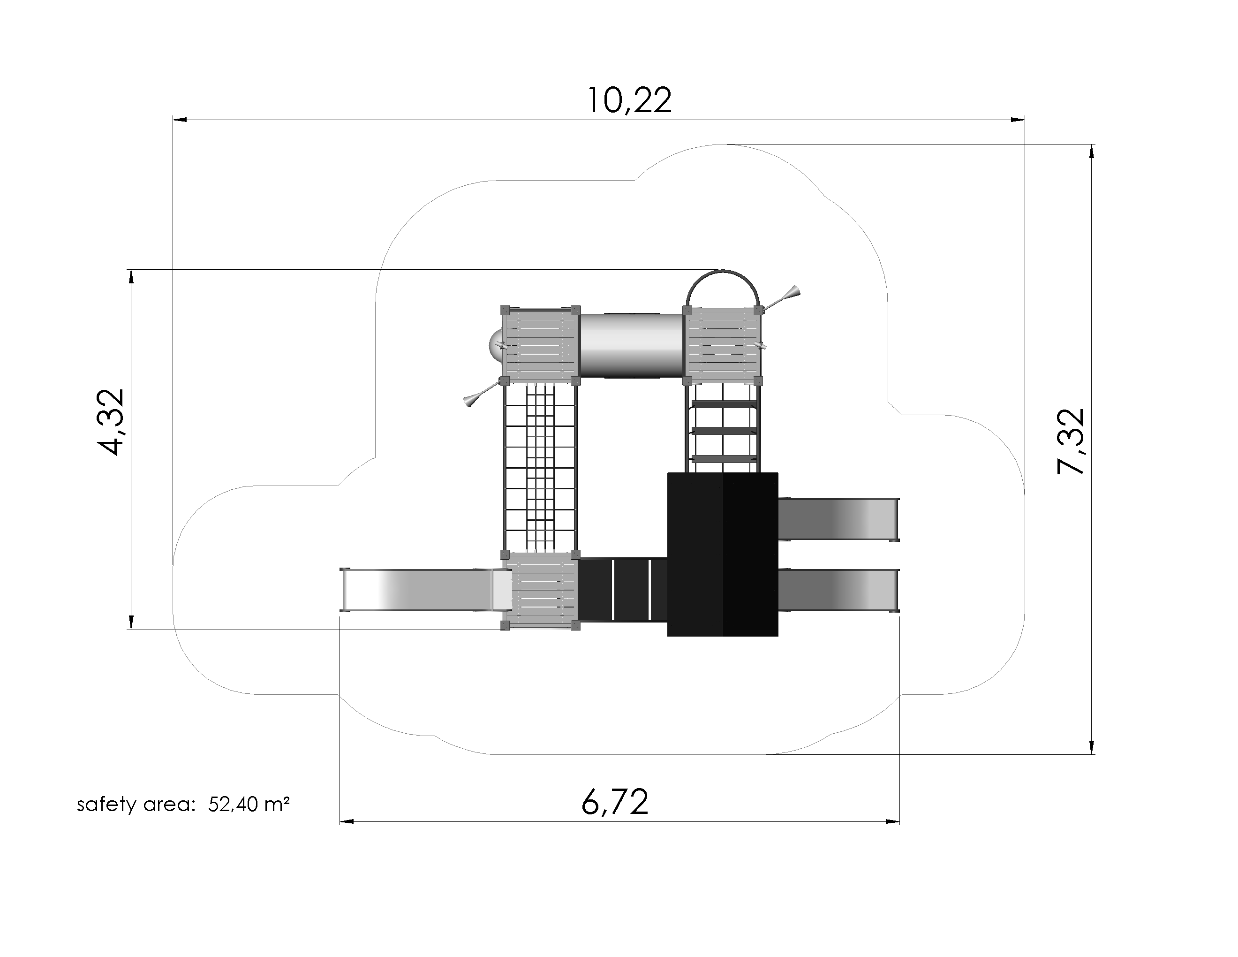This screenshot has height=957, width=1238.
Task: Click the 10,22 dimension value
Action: (629, 101)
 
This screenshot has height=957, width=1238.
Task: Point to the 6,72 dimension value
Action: (615, 802)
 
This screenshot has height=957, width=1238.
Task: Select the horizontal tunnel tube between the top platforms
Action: (632, 345)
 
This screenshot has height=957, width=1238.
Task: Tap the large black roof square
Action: (722, 554)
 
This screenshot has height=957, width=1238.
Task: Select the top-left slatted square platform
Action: (540, 345)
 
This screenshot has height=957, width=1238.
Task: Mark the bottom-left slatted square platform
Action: (541, 590)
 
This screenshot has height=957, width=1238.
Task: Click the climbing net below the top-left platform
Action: (540, 468)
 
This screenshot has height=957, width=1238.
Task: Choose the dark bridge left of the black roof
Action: (622, 590)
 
